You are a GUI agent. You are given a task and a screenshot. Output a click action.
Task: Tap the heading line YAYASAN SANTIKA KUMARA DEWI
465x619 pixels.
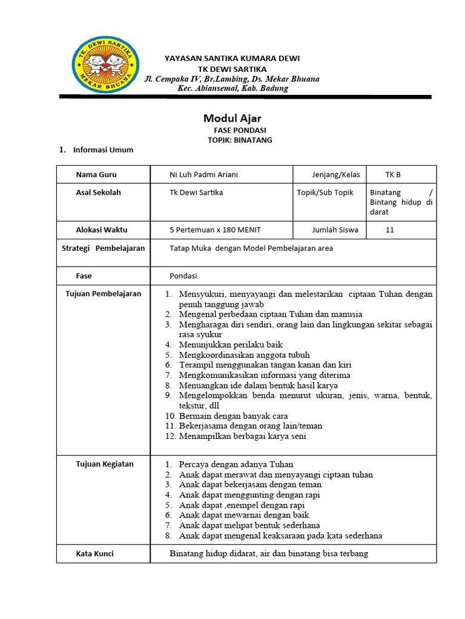point(232,58)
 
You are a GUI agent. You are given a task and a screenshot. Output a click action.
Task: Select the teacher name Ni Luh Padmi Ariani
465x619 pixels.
point(203,175)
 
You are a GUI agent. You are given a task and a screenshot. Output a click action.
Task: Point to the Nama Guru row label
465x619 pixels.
point(96,175)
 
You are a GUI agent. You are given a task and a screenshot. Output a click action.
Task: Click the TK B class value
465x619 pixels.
point(393,175)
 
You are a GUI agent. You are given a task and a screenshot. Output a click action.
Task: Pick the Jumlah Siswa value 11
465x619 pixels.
point(390,230)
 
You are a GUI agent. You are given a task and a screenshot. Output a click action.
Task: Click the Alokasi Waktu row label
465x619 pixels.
point(102,230)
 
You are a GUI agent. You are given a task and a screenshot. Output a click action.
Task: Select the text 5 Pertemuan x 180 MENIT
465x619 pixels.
point(215,230)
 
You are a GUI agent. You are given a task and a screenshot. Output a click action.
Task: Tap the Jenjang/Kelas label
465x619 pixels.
point(335,175)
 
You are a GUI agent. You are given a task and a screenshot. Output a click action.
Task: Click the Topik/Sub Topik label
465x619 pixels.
point(325,193)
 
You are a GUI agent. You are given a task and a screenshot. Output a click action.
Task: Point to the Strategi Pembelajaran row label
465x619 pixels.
point(104,248)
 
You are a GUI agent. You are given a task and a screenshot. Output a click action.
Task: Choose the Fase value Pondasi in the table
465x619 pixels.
point(183,276)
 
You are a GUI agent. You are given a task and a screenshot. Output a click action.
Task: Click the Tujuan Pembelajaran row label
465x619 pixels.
point(104,294)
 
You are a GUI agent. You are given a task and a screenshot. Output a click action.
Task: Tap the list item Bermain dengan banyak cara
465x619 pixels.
point(233,416)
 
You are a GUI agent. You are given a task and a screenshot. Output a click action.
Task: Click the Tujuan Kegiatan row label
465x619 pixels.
point(105,464)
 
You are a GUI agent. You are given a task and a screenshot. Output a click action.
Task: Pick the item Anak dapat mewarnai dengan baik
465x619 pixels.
point(244,515)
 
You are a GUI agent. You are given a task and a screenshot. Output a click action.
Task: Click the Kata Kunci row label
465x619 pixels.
point(94,554)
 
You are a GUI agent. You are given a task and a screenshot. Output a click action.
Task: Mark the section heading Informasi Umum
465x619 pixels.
point(103,150)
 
